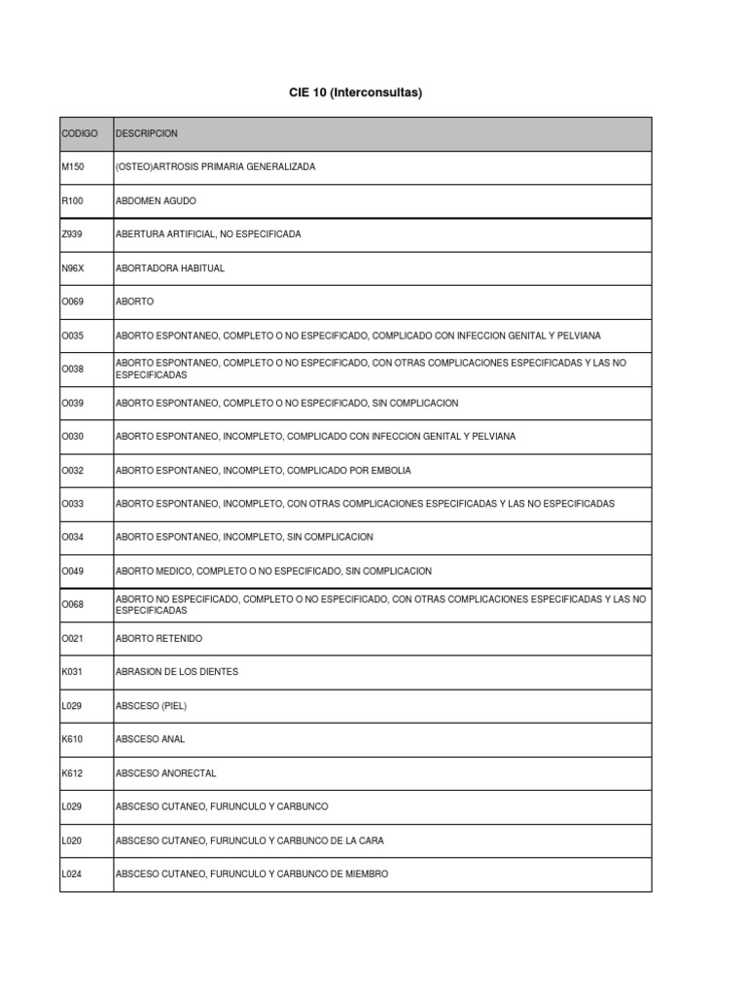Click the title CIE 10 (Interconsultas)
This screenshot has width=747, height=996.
355,93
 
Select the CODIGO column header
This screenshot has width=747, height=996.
79,133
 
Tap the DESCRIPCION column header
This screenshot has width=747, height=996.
147,133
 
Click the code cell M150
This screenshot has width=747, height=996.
73,167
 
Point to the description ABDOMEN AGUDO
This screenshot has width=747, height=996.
156,200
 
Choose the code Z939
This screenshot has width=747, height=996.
73,234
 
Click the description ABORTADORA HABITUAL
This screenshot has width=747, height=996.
170,268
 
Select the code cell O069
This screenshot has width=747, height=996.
73,302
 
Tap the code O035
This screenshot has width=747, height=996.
73,336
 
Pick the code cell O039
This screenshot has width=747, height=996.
73,403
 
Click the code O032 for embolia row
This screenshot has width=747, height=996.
73,471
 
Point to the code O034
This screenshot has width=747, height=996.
73,537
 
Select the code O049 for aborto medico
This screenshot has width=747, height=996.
73,571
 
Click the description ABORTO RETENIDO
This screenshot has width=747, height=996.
160,639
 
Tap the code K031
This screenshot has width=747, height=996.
73,672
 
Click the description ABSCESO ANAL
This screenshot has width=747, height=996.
150,739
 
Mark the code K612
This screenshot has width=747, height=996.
73,773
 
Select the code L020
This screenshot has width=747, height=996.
73,840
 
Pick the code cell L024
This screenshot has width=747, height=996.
73,874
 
